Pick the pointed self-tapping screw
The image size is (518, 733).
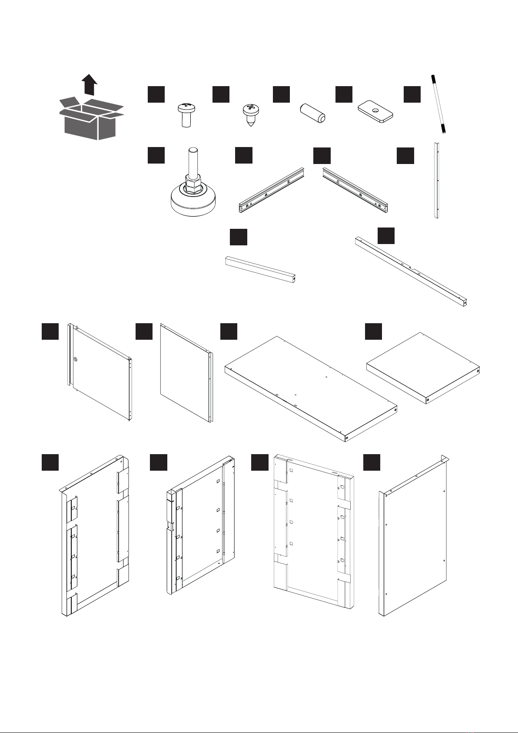250,114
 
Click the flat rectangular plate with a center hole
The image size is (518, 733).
375,112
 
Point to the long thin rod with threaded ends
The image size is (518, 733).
440,104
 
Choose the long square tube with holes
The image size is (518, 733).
411,271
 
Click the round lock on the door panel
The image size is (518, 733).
75,359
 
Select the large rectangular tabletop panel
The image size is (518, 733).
311,387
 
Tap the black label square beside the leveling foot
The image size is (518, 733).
156,155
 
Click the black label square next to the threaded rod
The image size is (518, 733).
412,94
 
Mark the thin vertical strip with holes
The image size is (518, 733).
437,180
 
